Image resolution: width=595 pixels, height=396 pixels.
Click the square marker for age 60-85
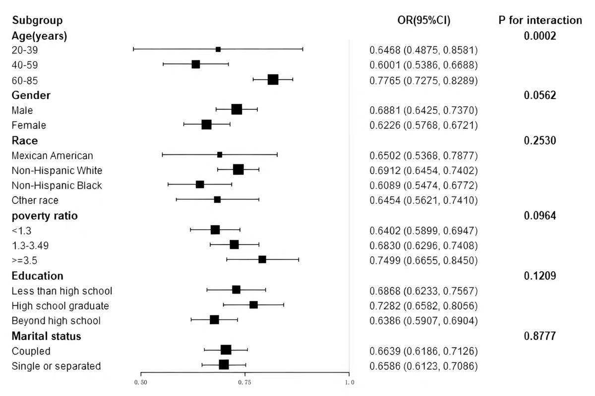pos(273,80)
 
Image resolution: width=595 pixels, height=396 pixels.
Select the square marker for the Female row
pos(207,125)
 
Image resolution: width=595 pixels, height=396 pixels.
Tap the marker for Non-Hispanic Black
pos(200,185)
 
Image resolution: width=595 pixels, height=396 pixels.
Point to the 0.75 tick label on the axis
pos(244,382)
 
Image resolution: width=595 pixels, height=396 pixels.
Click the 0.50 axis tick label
pos(141,382)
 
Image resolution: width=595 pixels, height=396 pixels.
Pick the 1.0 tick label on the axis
pos(349,382)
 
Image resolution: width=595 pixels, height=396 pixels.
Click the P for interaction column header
pos(540,20)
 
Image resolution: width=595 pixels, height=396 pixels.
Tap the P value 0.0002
pos(540,36)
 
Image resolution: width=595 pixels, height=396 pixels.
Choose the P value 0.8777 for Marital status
pos(540,336)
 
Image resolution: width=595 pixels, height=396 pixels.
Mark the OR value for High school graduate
pos(424,305)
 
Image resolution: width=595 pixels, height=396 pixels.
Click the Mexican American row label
pos(52,155)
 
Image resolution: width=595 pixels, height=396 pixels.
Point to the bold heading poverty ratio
pos(45,216)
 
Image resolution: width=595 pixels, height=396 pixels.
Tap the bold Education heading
pos(37,276)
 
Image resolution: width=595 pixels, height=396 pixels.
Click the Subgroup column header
pos(37,20)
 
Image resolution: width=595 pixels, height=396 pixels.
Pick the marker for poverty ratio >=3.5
pos(262,259)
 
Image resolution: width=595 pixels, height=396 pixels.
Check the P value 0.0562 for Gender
pos(540,96)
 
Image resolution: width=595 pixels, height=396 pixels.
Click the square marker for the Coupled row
pos(226,350)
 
